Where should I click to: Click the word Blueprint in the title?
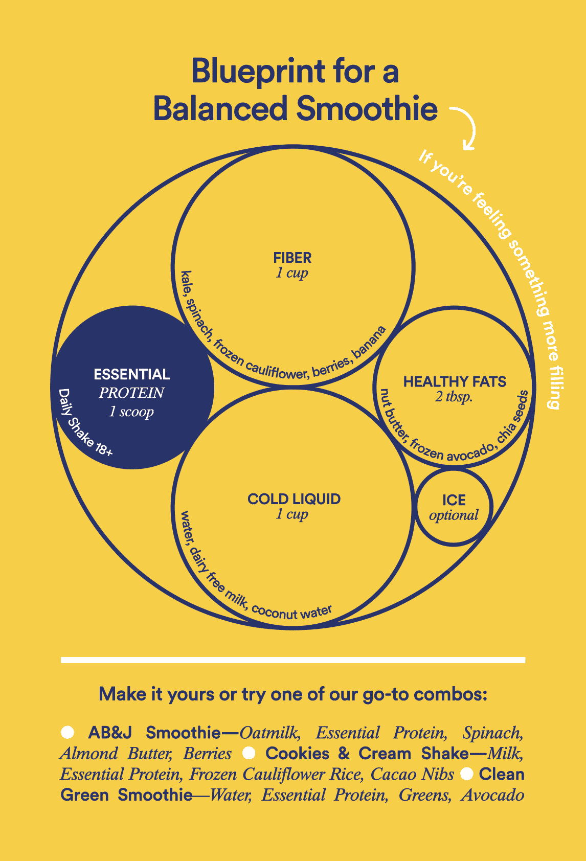coord(258,72)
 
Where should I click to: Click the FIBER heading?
coord(292,258)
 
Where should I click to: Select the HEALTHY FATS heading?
coord(455,382)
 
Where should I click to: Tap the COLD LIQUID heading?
coord(294,499)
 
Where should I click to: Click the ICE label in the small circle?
coord(454,500)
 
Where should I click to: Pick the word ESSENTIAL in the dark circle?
coord(132,374)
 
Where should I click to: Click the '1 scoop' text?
coord(131,412)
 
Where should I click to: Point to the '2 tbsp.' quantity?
coord(454,397)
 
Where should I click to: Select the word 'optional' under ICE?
coord(454,515)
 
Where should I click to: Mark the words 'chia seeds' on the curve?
coord(514,417)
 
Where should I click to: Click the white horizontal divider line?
coord(293,660)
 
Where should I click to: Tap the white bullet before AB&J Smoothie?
coord(67,732)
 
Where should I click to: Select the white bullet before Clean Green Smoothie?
coord(466,774)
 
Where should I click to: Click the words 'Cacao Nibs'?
coord(412,774)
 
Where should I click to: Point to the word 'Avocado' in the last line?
coord(492,795)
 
